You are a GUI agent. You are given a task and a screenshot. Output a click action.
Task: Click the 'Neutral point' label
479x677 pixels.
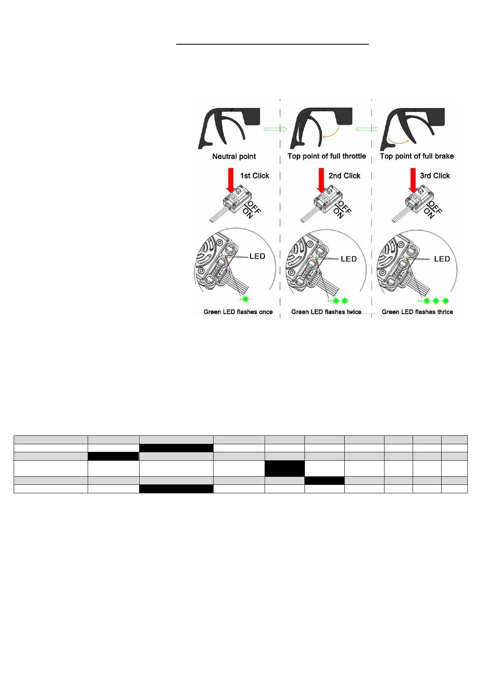pyautogui.click(x=234, y=156)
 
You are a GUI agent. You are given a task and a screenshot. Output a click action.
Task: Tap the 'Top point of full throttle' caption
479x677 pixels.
pyautogui.click(x=327, y=156)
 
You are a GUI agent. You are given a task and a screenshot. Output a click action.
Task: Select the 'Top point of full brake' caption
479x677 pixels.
pyautogui.click(x=417, y=156)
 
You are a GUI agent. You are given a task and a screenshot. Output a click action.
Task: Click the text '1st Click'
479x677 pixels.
pyautogui.click(x=255, y=176)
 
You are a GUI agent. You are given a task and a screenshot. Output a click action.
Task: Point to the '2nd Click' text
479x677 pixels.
pyautogui.click(x=344, y=176)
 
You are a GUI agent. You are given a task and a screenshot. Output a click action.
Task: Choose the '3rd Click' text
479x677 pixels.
pyautogui.click(x=435, y=176)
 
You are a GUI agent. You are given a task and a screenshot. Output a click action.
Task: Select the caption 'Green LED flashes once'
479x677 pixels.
pyautogui.click(x=238, y=312)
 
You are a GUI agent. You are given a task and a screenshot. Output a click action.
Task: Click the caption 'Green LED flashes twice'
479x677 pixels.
pyautogui.click(x=326, y=312)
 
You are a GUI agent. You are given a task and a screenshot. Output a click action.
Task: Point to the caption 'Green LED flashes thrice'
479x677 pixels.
pyautogui.click(x=417, y=312)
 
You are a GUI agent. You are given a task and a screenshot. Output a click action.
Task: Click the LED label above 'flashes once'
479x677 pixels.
pyautogui.click(x=257, y=256)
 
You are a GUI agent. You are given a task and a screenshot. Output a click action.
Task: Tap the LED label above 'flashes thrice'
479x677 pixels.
pyautogui.click(x=442, y=259)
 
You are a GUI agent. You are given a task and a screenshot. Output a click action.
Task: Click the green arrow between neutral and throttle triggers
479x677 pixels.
pyautogui.click(x=275, y=129)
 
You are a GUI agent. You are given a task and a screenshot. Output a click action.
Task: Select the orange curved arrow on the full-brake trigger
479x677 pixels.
pyautogui.click(x=399, y=140)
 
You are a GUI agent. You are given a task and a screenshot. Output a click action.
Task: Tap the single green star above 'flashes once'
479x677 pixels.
pyautogui.click(x=245, y=299)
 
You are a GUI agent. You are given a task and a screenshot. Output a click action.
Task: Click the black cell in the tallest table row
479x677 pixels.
pyautogui.click(x=284, y=468)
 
